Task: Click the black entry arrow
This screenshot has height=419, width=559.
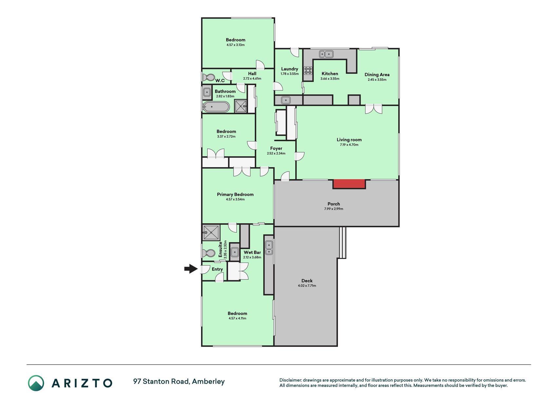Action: click(x=191, y=269)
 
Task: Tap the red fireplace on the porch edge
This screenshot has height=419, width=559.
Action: click(x=349, y=184)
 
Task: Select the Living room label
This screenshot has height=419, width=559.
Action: click(x=349, y=140)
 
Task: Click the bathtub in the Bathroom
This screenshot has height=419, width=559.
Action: click(x=216, y=107)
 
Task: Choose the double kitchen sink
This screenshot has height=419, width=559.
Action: click(x=326, y=54)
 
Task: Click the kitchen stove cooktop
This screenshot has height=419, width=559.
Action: click(x=308, y=70)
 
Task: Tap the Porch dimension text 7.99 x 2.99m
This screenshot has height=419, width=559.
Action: click(x=334, y=209)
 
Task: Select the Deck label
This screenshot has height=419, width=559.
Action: click(x=307, y=281)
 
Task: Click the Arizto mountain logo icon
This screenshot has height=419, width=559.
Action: click(x=36, y=383)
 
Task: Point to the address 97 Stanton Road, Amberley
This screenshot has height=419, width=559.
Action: click(x=179, y=382)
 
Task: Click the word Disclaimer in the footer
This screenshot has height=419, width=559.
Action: click(x=290, y=380)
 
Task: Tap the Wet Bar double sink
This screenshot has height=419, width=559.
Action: click(x=269, y=248)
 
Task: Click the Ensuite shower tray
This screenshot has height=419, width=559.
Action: click(x=211, y=233)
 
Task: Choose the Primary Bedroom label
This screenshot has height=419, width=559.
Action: click(x=235, y=194)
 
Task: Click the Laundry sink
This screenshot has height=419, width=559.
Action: click(x=286, y=100)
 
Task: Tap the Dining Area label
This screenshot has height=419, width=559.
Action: click(x=377, y=75)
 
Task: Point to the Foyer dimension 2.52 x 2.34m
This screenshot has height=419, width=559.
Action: click(x=276, y=154)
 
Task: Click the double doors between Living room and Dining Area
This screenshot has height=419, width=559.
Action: click(x=374, y=109)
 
